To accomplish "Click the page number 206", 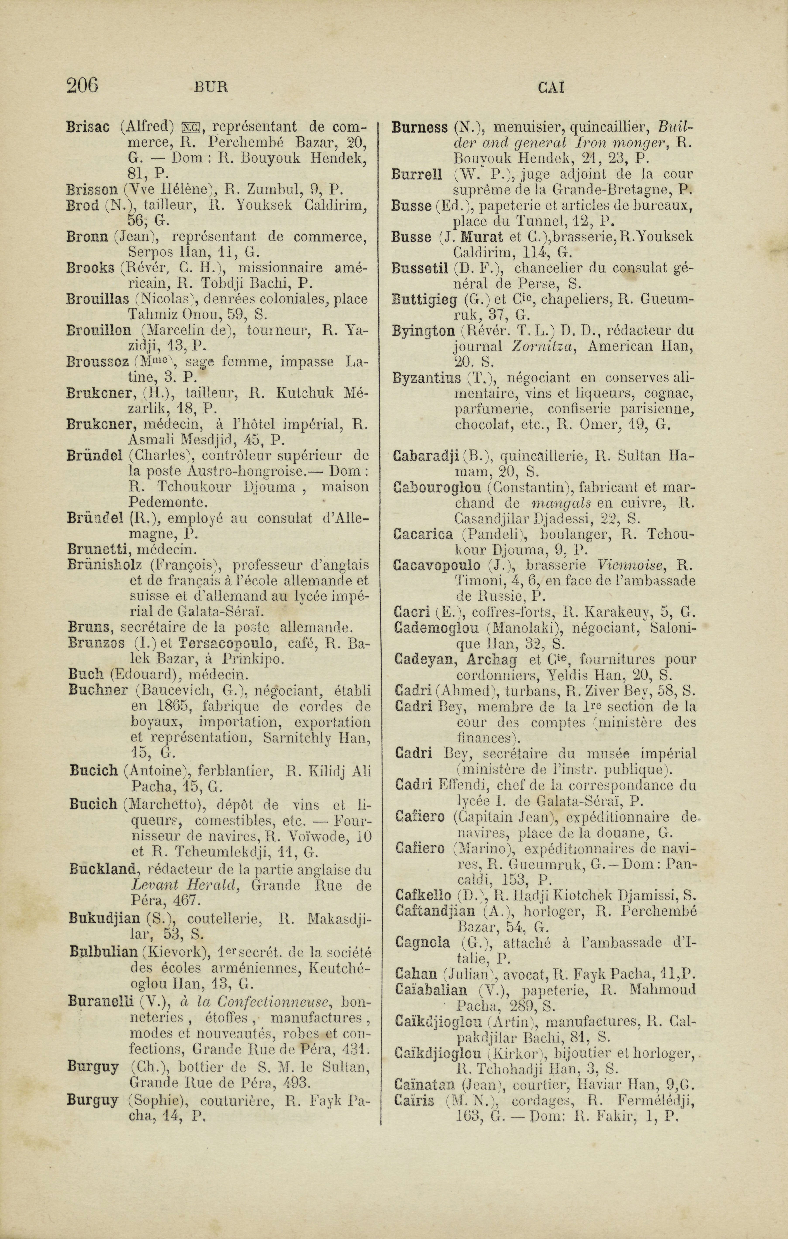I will click(x=82, y=85).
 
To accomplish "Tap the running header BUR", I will click(x=211, y=88).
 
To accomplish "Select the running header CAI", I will click(x=551, y=88).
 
